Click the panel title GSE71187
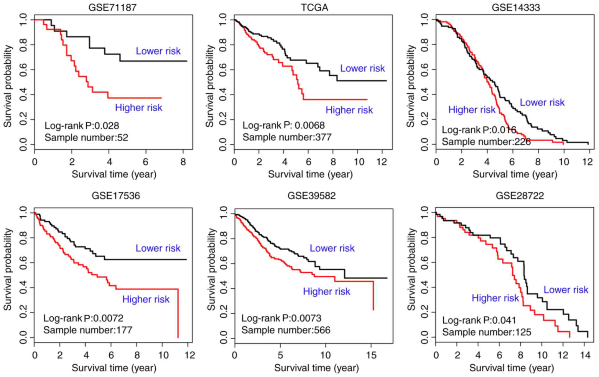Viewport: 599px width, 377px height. point(113,7)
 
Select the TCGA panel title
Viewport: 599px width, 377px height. point(314,7)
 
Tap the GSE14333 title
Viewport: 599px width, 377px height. point(516,7)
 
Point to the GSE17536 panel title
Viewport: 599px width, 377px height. point(116,196)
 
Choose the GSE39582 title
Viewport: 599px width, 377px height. point(312,196)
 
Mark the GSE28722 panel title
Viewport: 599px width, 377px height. point(520,196)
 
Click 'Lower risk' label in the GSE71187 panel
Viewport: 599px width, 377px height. point(158,51)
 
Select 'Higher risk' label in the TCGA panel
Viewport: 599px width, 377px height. point(349,110)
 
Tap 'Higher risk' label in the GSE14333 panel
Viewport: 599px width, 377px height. point(472,110)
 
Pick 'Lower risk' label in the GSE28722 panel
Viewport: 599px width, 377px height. point(566,290)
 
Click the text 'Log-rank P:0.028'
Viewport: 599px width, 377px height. point(82,126)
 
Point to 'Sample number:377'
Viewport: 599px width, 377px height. point(287,137)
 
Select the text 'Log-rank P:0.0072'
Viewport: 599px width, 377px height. point(83,318)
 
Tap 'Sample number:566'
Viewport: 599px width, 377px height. point(286,330)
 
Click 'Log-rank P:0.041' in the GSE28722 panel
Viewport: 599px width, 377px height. point(479,320)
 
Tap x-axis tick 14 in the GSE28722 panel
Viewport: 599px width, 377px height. point(585,355)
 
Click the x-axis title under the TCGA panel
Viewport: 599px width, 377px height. point(310,174)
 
